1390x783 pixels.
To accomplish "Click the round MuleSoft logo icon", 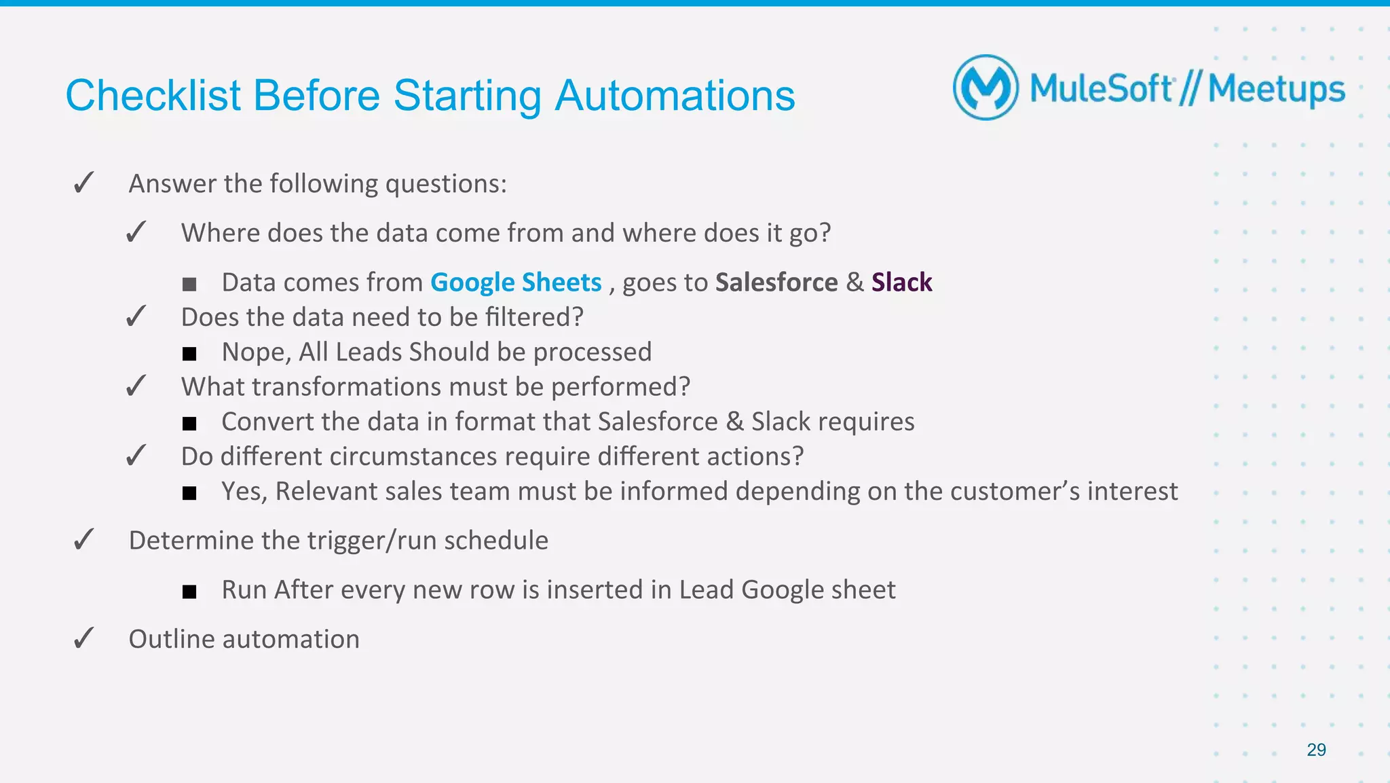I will point(985,88).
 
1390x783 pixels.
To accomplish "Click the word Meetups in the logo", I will point(1276,90).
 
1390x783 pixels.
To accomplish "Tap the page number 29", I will point(1316,750).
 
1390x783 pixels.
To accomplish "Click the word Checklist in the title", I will point(153,95).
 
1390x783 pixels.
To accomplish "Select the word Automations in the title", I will point(675,95).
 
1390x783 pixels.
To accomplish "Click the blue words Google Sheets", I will point(516,283).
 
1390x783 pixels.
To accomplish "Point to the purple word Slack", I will point(901,283).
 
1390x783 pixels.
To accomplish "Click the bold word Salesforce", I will point(776,283).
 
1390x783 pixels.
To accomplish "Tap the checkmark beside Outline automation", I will point(83,639).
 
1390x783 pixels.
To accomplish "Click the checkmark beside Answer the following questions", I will point(83,183).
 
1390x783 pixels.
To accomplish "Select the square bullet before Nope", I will point(189,354).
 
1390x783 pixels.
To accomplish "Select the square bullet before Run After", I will point(189,591).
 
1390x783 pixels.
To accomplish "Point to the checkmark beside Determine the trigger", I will point(83,541).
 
